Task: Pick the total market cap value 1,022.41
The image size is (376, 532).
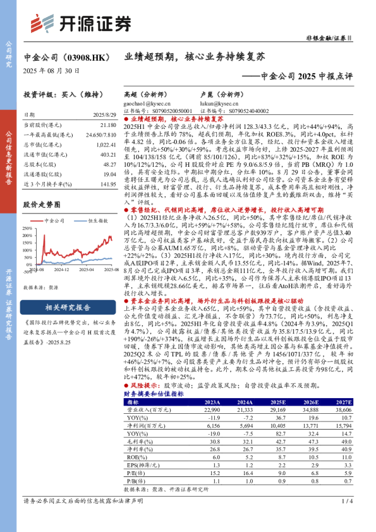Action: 104,145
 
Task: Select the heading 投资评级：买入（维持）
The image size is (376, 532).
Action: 58,94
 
